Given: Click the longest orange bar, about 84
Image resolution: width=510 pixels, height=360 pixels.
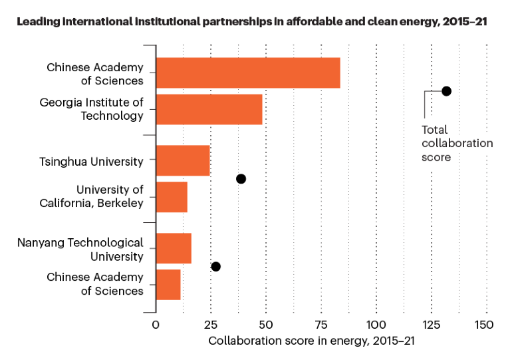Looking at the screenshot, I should pyautogui.click(x=248, y=73).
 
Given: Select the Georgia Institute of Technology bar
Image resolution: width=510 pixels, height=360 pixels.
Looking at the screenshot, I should pyautogui.click(x=209, y=109).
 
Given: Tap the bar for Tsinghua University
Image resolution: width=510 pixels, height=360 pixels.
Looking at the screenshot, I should pyautogui.click(x=183, y=160).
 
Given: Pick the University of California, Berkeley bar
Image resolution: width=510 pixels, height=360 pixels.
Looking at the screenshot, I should pyautogui.click(x=172, y=196).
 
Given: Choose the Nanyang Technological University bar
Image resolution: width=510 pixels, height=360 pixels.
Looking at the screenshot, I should pyautogui.click(x=174, y=248).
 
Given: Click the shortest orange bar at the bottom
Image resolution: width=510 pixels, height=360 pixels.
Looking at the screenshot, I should pyautogui.click(x=168, y=284).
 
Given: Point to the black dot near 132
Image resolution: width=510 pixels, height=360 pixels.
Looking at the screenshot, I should pyautogui.click(x=446, y=91).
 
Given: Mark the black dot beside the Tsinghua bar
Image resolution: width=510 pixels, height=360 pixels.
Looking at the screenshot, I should pyautogui.click(x=241, y=178).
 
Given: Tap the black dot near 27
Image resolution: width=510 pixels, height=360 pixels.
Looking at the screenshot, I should pyautogui.click(x=215, y=267).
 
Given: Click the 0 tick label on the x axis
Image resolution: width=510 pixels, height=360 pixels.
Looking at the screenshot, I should pyautogui.click(x=156, y=325).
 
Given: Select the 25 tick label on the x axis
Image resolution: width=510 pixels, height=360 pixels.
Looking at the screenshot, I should pyautogui.click(x=211, y=325).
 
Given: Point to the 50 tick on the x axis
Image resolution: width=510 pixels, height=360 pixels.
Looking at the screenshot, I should pyautogui.click(x=266, y=325).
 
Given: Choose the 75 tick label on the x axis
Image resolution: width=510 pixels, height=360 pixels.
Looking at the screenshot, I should pyautogui.click(x=321, y=325).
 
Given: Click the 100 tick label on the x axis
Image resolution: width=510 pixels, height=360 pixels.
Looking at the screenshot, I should pyautogui.click(x=376, y=325).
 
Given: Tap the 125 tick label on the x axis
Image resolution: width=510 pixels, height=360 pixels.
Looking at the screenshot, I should pyautogui.click(x=432, y=325).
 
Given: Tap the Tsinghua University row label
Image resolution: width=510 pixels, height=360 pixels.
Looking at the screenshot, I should pyautogui.click(x=91, y=161).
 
